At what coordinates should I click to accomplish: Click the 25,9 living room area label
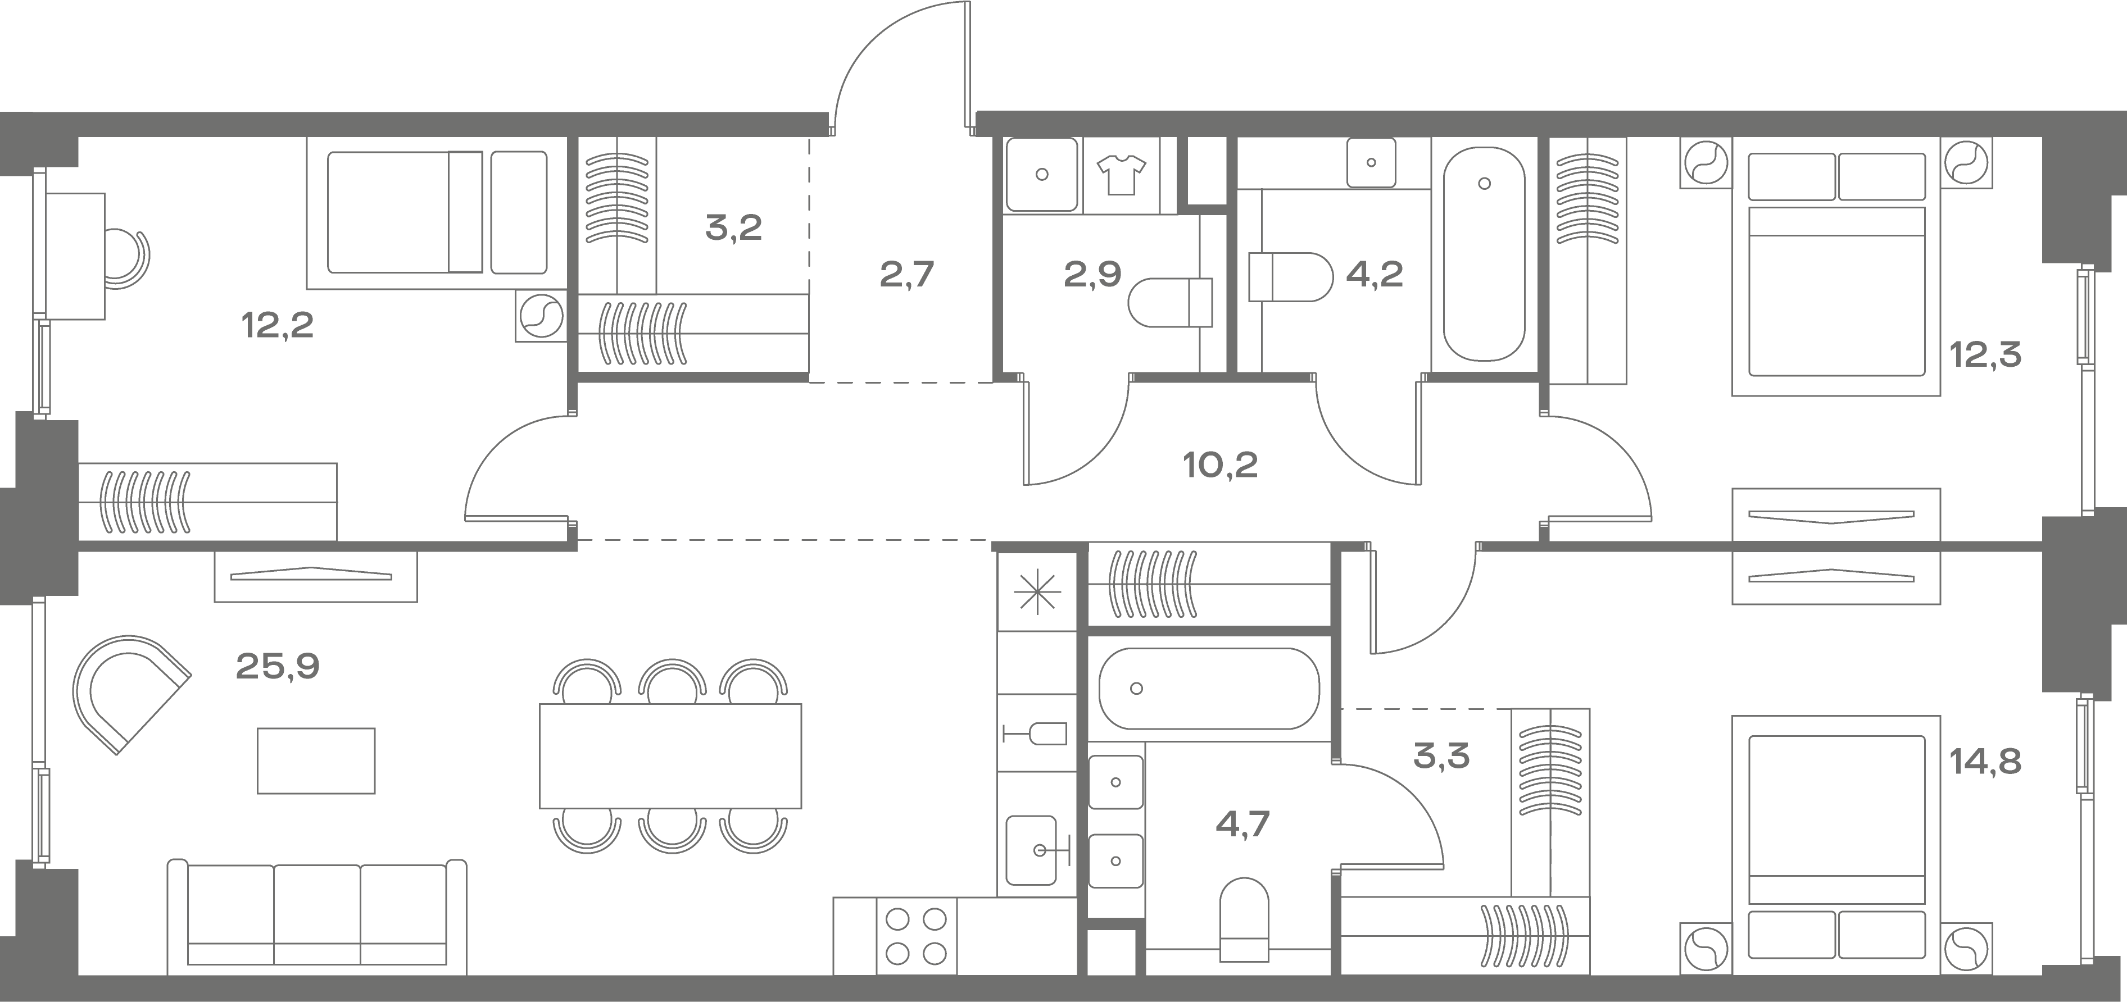tap(278, 666)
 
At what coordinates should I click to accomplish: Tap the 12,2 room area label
tap(278, 326)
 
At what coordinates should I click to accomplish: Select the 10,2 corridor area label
tap(1221, 466)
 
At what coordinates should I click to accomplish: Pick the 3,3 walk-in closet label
tap(1441, 756)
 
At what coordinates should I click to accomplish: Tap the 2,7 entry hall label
tap(906, 275)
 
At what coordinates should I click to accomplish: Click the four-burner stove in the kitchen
tap(915, 936)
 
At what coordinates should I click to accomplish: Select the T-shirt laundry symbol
tap(1121, 175)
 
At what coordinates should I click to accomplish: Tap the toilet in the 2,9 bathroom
tap(1170, 303)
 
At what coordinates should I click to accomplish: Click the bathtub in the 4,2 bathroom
tap(1484, 254)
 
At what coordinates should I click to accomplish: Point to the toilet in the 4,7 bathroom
tap(1244, 919)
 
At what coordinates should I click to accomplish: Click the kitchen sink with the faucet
tap(1036, 850)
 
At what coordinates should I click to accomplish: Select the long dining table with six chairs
tap(670, 756)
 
